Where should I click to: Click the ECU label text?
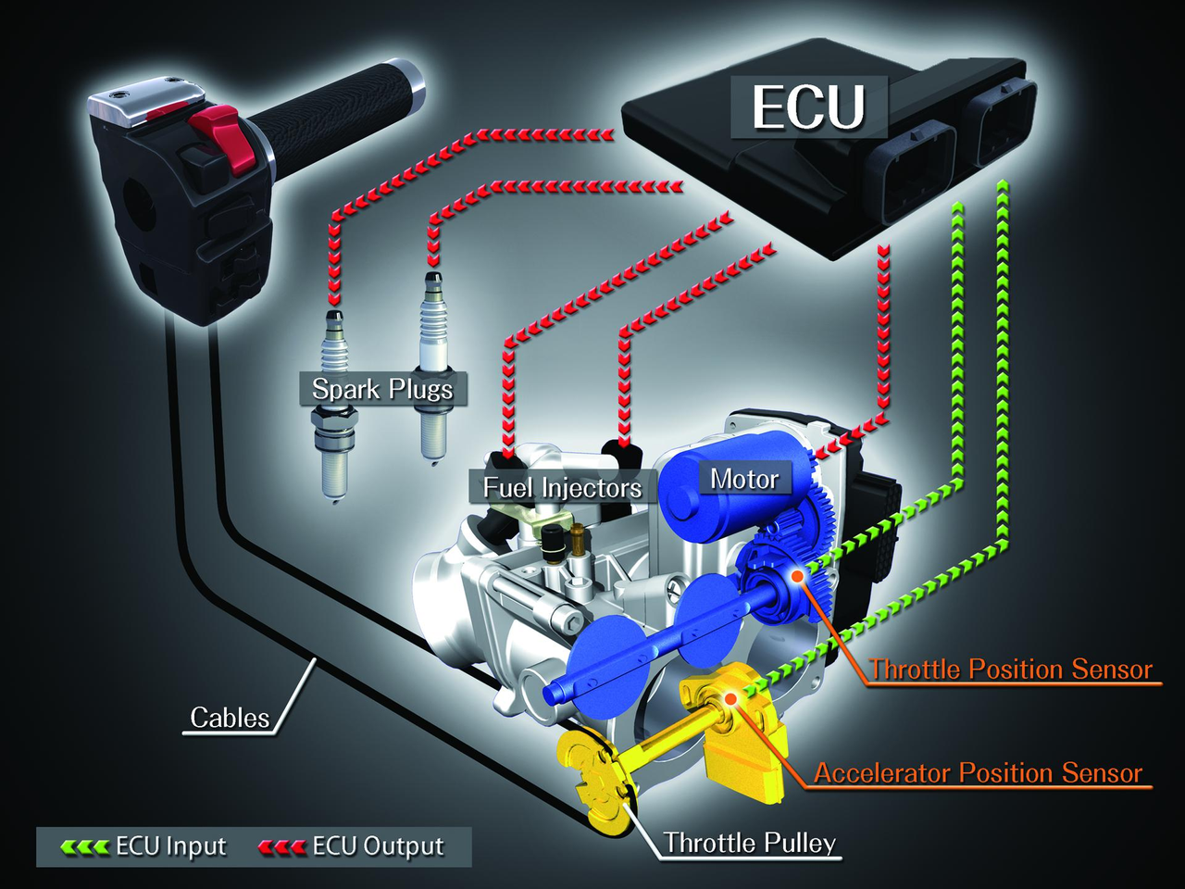pyautogui.click(x=808, y=107)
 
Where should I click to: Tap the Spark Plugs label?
pyautogui.click(x=382, y=389)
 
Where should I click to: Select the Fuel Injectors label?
pyautogui.click(x=562, y=487)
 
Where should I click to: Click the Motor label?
pyautogui.click(x=743, y=479)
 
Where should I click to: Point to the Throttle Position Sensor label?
pyautogui.click(x=1011, y=669)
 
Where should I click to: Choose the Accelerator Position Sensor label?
pyautogui.click(x=978, y=772)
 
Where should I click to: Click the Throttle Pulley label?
pyautogui.click(x=749, y=843)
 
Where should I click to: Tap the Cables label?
pyautogui.click(x=229, y=718)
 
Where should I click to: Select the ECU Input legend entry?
pyautogui.click(x=144, y=846)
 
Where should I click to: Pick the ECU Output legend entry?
pyautogui.click(x=352, y=846)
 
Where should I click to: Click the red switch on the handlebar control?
pyautogui.click(x=218, y=139)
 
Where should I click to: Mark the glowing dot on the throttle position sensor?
pyautogui.click(x=795, y=576)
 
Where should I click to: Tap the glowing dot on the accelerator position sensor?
pyautogui.click(x=730, y=697)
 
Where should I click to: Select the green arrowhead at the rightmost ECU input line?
pyautogui.click(x=1001, y=188)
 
